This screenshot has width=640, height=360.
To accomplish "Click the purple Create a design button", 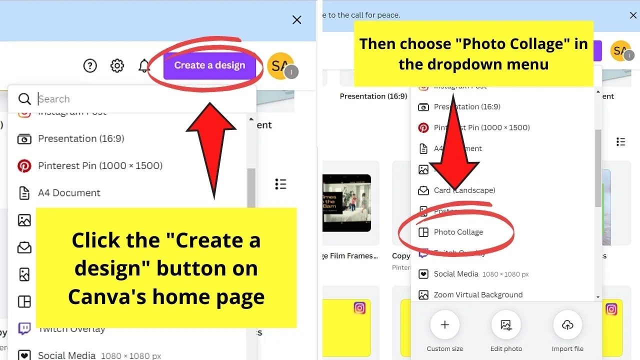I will pyautogui.click(x=209, y=65).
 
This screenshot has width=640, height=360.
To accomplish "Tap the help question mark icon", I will pyautogui.click(x=90, y=65).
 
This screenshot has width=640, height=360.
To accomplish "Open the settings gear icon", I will pyautogui.click(x=117, y=65).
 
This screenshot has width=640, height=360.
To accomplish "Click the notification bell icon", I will pyautogui.click(x=144, y=65).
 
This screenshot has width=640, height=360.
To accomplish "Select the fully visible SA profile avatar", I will pyautogui.click(x=280, y=65).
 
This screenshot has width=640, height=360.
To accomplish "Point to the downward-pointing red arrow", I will pyautogui.click(x=454, y=150).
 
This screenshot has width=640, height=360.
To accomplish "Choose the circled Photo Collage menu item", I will pyautogui.click(x=458, y=232).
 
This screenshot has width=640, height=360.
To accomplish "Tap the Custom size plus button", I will pyautogui.click(x=444, y=325).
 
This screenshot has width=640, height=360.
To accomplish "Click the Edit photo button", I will pyautogui.click(x=506, y=325).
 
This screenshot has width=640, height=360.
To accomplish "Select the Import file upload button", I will pyautogui.click(x=567, y=325).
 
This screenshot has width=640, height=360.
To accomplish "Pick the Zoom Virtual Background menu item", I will pyautogui.click(x=478, y=295).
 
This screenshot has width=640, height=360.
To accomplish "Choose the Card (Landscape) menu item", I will pyautogui.click(x=464, y=190).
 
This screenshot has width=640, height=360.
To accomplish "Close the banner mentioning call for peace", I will pyautogui.click(x=633, y=15).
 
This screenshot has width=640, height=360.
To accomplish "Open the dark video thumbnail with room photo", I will pyautogui.click(x=346, y=202).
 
